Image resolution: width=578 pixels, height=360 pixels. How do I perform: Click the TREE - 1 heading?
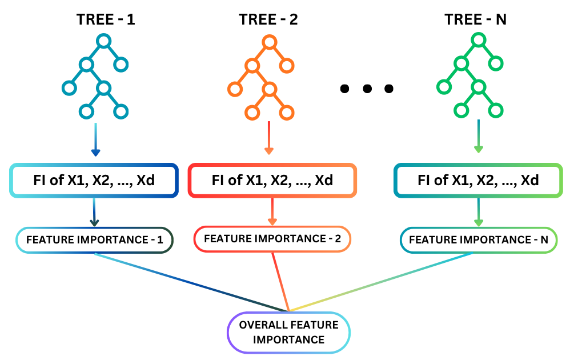(106, 19)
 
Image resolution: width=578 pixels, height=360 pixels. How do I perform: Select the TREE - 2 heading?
(268, 19)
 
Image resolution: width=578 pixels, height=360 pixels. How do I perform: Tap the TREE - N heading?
(476, 19)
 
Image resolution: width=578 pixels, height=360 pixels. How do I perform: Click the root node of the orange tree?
(270, 42)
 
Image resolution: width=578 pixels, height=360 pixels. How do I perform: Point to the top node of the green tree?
(479, 40)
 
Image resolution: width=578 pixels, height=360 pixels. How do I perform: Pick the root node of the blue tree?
(103, 41)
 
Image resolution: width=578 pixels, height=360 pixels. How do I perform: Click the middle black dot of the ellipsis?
(367, 89)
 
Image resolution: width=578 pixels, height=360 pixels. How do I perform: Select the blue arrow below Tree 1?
(96, 139)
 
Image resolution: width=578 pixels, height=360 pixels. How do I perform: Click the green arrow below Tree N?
(479, 139)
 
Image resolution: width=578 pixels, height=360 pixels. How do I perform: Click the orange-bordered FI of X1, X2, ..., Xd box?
(272, 181)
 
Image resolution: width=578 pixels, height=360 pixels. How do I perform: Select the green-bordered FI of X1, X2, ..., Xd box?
(478, 181)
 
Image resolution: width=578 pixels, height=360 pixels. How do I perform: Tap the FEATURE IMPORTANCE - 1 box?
(95, 240)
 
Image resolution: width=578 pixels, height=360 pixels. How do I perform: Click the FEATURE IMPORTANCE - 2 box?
(272, 238)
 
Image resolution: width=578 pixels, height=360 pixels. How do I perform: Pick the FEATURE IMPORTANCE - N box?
(478, 240)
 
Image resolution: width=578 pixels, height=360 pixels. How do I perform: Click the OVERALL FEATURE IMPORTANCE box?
(288, 332)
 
